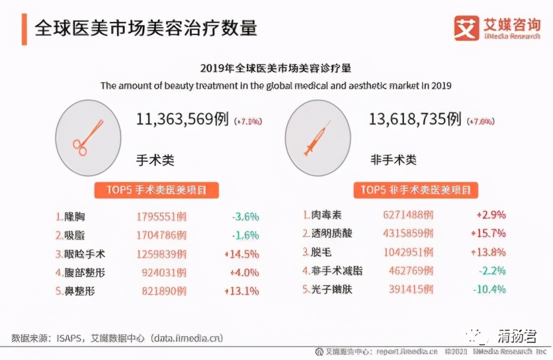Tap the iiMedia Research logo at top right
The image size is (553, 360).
(x=501, y=28)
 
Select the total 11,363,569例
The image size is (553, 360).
(x=183, y=119)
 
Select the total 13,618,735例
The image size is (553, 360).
(x=415, y=119)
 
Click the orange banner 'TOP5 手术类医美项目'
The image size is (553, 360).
(x=157, y=190)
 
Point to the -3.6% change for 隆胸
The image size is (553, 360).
(x=245, y=216)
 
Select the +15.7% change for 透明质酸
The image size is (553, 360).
(x=488, y=234)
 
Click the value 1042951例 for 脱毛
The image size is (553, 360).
(x=408, y=252)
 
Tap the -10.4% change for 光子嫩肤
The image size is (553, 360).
(x=489, y=289)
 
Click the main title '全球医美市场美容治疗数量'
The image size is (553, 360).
(x=146, y=28)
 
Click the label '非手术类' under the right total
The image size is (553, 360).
(x=393, y=160)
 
